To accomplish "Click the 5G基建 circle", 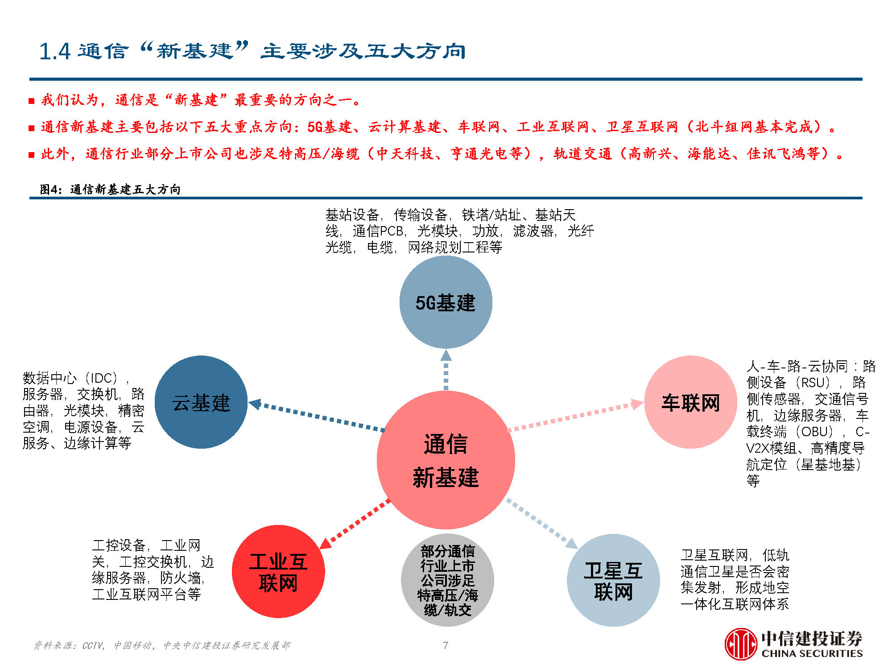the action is point(446,302).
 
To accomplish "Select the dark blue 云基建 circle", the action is point(201,402).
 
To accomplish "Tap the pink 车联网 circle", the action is point(690,402).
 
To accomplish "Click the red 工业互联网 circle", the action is point(278,571).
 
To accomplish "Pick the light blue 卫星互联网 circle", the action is point(613,580).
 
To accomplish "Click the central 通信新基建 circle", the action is point(446,460).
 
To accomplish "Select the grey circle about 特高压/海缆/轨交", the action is point(447,580).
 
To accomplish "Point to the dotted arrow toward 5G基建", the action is point(446,370).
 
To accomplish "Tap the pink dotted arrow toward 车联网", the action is point(576,417).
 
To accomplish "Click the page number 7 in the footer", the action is point(445,645).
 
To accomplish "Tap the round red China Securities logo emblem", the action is point(740,644).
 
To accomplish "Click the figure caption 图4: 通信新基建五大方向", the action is point(110,190).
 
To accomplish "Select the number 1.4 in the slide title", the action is point(55,51).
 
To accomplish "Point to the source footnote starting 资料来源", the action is point(161,645).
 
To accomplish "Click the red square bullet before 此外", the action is point(31,155).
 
